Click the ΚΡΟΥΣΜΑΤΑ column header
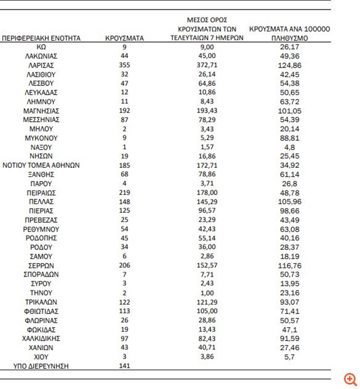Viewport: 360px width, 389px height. click(125, 38)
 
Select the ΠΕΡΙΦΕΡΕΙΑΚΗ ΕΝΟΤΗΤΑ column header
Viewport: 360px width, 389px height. click(42, 38)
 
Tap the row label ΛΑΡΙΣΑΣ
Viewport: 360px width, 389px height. click(42, 65)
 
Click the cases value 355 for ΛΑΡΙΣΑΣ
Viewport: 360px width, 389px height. click(125, 65)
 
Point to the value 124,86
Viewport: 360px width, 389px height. click(290, 65)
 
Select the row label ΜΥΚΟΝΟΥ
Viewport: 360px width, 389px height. click(42, 138)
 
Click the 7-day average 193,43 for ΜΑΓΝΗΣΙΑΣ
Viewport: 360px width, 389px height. click(207, 111)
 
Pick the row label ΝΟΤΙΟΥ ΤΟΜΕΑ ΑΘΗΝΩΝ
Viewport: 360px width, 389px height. click(42, 165)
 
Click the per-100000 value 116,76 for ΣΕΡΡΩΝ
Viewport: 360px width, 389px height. click(290, 265)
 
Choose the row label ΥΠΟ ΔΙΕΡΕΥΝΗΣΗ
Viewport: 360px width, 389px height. click(42, 366)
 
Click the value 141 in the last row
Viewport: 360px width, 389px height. click(125, 366)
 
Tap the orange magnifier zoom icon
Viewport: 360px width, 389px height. click(350, 379)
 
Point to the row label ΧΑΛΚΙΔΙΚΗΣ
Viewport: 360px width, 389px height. click(42, 338)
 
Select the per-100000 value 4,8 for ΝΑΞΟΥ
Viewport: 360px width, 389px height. click(290, 147)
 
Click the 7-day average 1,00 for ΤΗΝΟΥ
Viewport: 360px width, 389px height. click(207, 293)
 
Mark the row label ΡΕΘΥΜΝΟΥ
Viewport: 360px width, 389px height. click(42, 229)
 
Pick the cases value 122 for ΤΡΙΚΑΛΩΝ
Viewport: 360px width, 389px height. click(125, 302)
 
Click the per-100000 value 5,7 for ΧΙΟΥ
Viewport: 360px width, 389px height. click(290, 356)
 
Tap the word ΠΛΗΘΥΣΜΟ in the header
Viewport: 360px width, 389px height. click(290, 39)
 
